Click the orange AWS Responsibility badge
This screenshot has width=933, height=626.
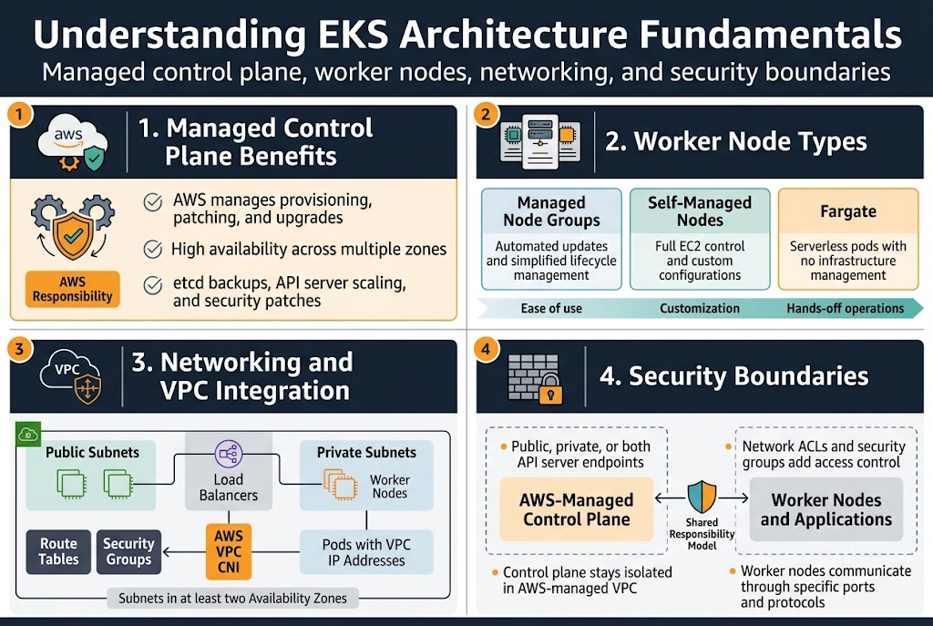[x=72, y=287]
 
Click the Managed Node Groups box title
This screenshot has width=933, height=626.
[x=551, y=211]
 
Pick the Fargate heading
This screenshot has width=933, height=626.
[x=847, y=211]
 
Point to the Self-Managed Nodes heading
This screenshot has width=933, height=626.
[x=699, y=211]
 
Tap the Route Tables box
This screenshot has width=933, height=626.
[x=58, y=551]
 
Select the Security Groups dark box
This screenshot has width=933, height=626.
[x=128, y=551]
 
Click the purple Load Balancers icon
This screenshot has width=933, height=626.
[x=228, y=453]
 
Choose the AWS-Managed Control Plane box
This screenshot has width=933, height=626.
[x=576, y=509]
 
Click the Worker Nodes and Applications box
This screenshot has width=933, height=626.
[x=825, y=509]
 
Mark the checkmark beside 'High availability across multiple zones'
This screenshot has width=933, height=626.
[x=153, y=248]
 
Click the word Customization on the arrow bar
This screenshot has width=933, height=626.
[x=699, y=308]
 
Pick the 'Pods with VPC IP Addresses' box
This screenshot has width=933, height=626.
[x=366, y=552]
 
